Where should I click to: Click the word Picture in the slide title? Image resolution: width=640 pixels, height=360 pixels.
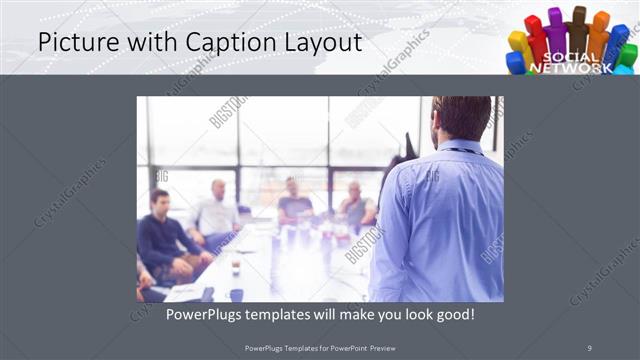74,43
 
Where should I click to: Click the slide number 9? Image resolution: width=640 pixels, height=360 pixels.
589,347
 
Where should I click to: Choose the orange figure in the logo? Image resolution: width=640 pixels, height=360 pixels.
599,33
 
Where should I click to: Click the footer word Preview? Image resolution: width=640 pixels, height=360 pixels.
397,348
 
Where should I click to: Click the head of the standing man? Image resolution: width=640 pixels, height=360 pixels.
462,118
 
